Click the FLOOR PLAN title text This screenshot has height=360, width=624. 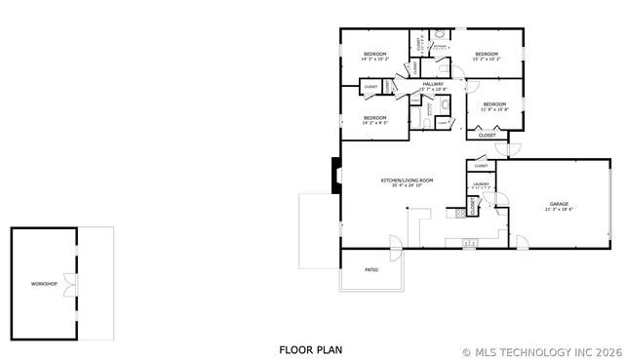(310, 349)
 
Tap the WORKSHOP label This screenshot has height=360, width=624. (44, 284)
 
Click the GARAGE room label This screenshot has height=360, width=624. (558, 204)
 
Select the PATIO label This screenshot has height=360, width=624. (371, 269)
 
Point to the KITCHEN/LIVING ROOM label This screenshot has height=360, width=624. (407, 180)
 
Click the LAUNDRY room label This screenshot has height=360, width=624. (481, 183)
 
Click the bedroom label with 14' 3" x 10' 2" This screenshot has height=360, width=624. (375, 54)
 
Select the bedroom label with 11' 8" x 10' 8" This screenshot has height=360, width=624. (494, 104)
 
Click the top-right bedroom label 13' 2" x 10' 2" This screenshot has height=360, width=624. (486, 54)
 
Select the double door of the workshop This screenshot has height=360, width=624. (68, 284)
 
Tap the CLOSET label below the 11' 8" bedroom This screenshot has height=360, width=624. (487, 136)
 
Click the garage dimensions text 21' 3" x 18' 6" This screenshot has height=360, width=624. (558, 210)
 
